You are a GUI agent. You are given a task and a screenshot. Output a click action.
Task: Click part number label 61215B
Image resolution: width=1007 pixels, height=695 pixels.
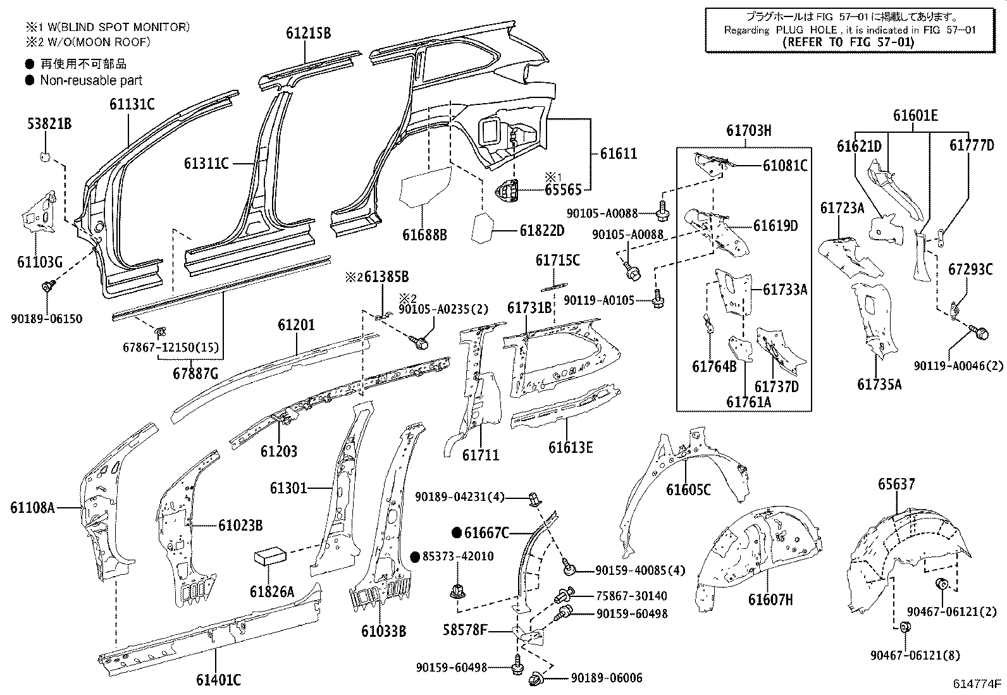[x=309, y=33]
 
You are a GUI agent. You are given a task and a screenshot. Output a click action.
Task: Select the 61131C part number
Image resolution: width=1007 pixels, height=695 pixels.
[x=132, y=104]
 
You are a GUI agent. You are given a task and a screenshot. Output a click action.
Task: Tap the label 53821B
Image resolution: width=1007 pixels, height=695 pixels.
[x=49, y=123]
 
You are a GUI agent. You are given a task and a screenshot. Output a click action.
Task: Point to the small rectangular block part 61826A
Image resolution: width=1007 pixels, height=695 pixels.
[x=270, y=557]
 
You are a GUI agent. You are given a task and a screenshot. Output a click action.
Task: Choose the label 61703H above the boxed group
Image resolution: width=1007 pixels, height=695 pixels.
[x=748, y=131]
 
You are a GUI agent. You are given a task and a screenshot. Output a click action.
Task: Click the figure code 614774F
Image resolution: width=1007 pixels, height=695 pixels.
[x=977, y=684]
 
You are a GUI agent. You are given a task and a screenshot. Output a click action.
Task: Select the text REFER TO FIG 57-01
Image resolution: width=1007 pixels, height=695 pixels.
[x=848, y=42]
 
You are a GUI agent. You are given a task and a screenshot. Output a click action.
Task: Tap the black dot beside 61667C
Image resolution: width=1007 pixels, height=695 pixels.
[x=457, y=532]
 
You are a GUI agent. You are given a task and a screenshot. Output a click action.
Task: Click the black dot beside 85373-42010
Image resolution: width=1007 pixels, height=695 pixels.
[x=416, y=557]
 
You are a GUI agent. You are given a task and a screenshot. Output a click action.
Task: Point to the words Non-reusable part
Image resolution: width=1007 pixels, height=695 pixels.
[x=91, y=80]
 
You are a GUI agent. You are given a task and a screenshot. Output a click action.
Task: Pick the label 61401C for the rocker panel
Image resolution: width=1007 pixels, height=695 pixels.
[x=218, y=680]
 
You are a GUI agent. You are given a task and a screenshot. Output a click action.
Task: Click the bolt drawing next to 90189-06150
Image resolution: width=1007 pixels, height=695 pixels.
[x=47, y=286]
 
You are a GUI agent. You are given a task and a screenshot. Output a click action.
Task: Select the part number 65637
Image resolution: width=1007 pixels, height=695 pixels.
[x=896, y=484]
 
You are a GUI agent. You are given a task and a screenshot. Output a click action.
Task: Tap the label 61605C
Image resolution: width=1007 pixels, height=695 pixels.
[x=688, y=489]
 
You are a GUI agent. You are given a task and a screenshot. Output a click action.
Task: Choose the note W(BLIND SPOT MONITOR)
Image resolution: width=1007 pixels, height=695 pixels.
[x=116, y=27]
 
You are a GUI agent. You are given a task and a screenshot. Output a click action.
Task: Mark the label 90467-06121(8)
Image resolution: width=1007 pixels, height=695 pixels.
[x=915, y=655]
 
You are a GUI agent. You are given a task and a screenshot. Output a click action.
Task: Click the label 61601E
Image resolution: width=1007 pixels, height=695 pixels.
[x=915, y=116]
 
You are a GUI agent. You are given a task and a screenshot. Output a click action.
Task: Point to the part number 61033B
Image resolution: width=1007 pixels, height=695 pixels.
[x=383, y=631]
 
